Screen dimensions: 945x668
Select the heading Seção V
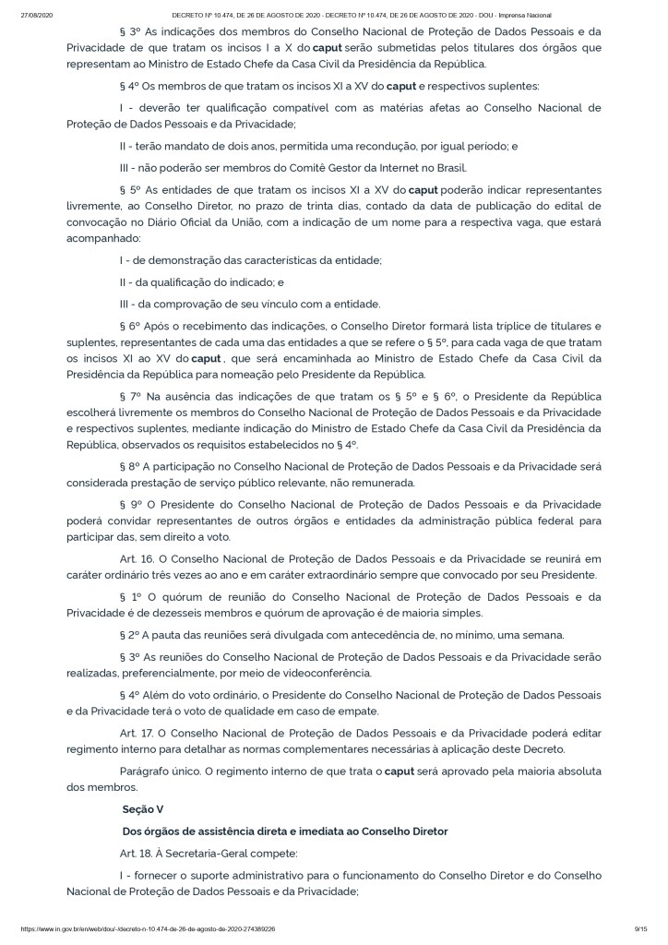(x=142, y=808)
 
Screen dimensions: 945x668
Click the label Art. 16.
(x=136, y=559)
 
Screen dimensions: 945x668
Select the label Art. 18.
(x=136, y=852)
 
